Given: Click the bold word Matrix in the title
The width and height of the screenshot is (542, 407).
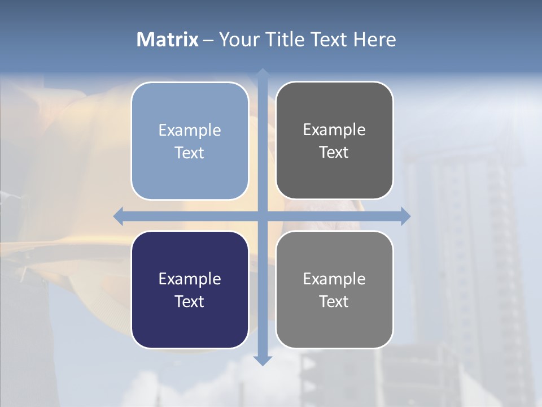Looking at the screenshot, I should coord(168,40).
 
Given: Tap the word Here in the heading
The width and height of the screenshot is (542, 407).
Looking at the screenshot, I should coord(375,40).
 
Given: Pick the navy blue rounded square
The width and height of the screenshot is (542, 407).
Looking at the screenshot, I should coord(190,328).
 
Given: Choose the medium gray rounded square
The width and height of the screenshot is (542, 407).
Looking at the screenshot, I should coord(334,328).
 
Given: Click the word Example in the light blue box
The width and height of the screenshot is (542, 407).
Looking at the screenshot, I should coord(190,130).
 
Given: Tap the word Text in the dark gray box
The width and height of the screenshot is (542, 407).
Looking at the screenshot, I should coord(334,153).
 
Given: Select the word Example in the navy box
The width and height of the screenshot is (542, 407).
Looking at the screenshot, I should coord(190,279).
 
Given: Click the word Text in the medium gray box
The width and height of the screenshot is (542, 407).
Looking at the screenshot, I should coord(334,301).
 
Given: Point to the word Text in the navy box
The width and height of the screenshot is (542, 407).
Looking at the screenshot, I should coord(190,301).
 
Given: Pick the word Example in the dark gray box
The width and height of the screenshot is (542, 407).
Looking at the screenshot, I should coord(334,130).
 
